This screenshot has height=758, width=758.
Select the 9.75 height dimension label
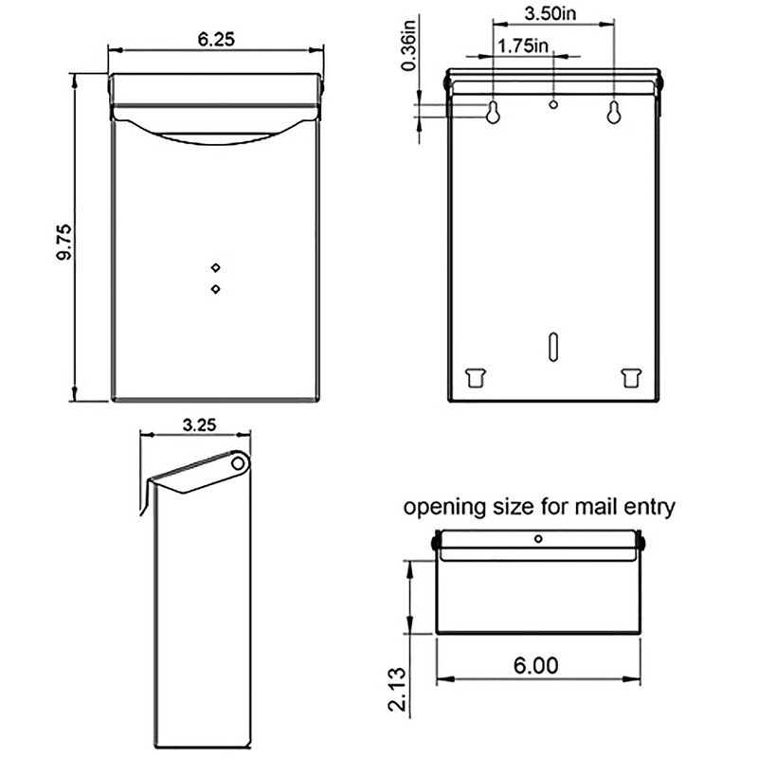(x=63, y=244)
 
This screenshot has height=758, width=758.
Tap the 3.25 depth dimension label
(x=197, y=425)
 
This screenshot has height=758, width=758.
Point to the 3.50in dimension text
(x=553, y=14)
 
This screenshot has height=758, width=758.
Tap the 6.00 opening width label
(x=536, y=665)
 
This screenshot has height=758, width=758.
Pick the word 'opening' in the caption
(x=442, y=508)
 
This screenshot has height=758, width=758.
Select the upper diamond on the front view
(x=216, y=267)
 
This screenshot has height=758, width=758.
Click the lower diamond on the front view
(x=216, y=288)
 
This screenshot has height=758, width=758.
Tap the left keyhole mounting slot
(x=494, y=111)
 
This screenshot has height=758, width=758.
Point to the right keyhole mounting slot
(x=614, y=111)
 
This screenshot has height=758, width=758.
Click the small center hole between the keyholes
(x=554, y=102)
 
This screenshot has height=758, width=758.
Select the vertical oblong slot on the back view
(x=553, y=346)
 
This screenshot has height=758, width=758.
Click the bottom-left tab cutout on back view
(x=476, y=377)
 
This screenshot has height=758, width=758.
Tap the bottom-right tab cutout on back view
(x=630, y=377)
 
